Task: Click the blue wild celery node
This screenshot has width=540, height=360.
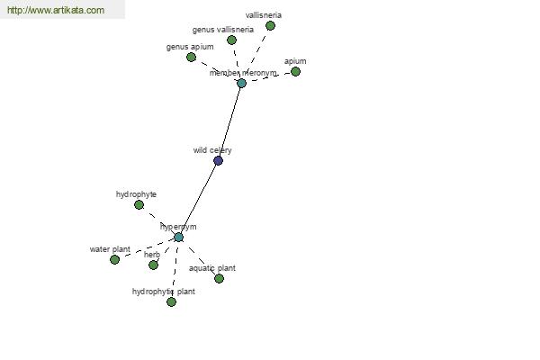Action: [x=218, y=160]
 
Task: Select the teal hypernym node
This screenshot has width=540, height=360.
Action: [x=178, y=237]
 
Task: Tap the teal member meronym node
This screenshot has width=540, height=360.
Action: [x=241, y=83]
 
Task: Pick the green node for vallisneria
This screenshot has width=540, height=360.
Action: [x=270, y=25]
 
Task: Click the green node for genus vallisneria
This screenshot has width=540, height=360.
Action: [x=232, y=40]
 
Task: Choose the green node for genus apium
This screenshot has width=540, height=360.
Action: [x=191, y=58]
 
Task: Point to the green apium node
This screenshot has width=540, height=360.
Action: [x=295, y=72]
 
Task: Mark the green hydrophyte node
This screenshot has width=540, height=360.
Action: [x=139, y=205]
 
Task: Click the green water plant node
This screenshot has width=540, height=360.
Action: [x=114, y=260]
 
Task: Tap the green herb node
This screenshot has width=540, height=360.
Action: [x=153, y=265]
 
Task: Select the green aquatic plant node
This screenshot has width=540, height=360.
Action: [x=219, y=278]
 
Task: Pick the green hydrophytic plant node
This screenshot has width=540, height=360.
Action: [x=171, y=302]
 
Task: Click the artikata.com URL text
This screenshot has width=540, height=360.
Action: [x=56, y=10]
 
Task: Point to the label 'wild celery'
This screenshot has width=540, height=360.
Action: [x=212, y=150]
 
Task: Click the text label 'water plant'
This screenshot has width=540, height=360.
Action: [x=110, y=249]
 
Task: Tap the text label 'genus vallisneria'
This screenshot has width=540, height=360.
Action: [x=223, y=30]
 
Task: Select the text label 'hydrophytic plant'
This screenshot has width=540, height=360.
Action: [x=164, y=292]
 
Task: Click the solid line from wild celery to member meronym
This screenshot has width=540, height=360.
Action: [x=229, y=121]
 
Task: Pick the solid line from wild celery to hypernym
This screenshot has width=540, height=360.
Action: [x=198, y=199]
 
